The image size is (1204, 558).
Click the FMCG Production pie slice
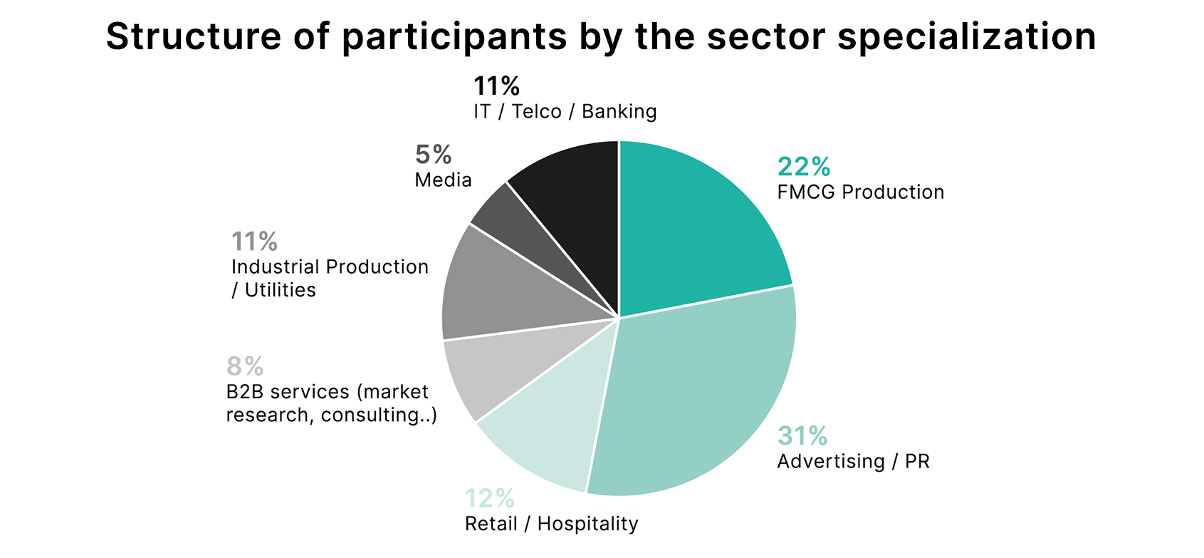point(693,232)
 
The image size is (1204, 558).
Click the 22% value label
point(804,167)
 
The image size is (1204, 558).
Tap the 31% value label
point(802,436)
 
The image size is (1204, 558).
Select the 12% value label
point(489,498)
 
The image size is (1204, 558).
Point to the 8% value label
point(245,366)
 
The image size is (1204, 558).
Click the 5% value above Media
point(433,155)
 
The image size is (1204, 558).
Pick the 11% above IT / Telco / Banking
point(497,86)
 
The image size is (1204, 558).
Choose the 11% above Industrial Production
point(254,241)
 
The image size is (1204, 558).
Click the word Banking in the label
point(619,111)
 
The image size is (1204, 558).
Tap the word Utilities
point(281,290)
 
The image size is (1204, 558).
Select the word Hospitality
point(587,524)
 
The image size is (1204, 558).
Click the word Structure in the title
point(194,36)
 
